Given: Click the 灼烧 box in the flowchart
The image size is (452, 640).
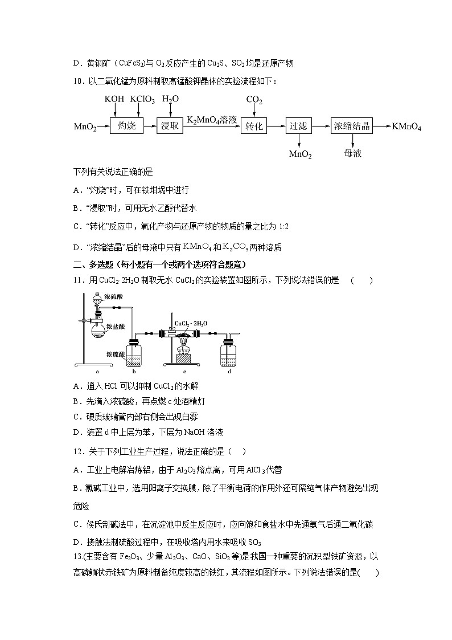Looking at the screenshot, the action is [x=126, y=126].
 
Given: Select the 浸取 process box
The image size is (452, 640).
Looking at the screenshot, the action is [x=170, y=126].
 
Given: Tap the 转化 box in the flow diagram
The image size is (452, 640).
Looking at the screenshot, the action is [x=253, y=126].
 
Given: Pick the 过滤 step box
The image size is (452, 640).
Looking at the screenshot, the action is [x=299, y=126].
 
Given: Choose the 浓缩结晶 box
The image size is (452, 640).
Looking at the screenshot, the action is [x=352, y=126].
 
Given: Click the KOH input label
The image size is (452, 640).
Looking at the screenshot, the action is [x=114, y=100].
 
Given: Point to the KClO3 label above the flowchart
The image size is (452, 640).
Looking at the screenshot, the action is [x=142, y=100].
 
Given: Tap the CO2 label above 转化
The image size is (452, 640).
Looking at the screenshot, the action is [x=254, y=100].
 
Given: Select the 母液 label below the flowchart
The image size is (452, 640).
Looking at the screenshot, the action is [x=352, y=154].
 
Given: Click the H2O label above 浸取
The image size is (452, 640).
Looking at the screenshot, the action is [x=170, y=99].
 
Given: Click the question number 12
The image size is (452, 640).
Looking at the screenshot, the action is [x=79, y=451].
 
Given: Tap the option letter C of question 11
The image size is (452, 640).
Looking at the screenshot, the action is [x=77, y=417].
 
